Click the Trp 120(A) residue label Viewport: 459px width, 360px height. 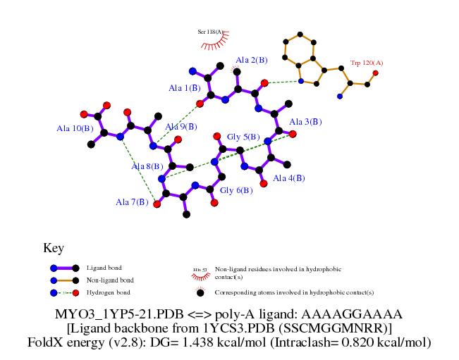coord(366,63)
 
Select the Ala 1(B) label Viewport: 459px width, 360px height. coord(184,88)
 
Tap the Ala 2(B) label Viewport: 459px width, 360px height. coord(252,60)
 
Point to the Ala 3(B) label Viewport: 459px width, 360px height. coord(305,122)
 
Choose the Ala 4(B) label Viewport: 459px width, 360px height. coord(288,178)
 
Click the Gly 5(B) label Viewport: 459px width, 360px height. coord(243,137)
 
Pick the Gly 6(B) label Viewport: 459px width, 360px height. coord(236,190)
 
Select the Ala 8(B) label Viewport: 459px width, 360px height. coord(147,167)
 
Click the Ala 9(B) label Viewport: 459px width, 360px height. coord(180,127)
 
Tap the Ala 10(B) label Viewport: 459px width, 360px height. coord(75,128)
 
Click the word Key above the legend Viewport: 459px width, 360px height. coord(54,248)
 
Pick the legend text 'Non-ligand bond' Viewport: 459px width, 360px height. coord(109,280)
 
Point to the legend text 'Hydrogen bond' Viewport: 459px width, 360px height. coord(108,292)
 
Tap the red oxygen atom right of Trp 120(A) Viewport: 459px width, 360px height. coord(375,73)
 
